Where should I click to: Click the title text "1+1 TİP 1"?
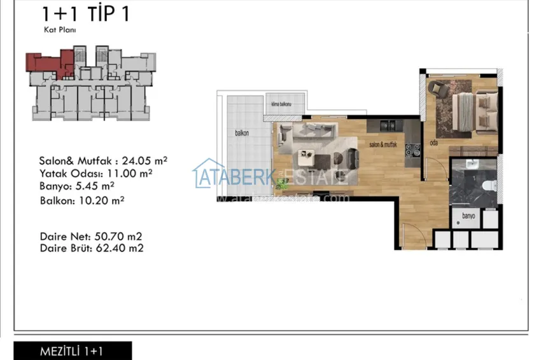(85, 13)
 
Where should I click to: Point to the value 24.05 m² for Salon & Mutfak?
(147, 161)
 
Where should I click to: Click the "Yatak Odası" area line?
(95, 172)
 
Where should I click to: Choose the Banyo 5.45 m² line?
(76, 186)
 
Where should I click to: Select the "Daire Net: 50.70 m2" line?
(91, 236)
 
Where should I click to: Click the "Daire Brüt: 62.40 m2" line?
(91, 248)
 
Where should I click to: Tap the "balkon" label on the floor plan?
(241, 134)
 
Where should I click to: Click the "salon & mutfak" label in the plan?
(383, 145)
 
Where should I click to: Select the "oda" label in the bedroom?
(434, 142)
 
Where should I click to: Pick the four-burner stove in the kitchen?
(412, 149)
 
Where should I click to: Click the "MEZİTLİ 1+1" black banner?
(73, 351)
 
